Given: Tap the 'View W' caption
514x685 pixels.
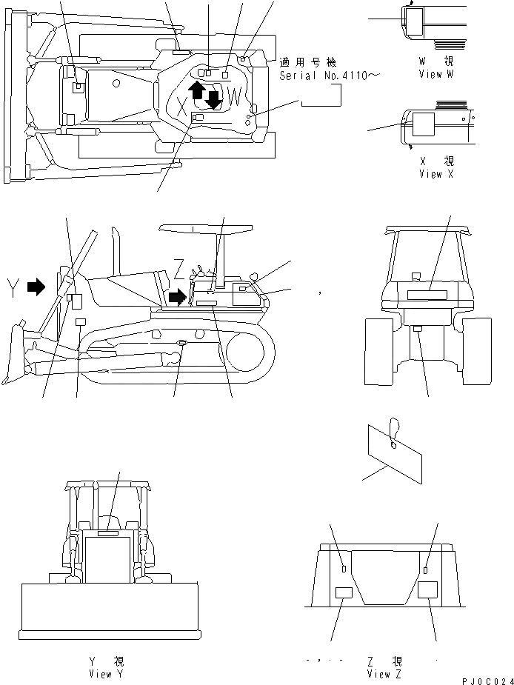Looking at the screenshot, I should [441, 74].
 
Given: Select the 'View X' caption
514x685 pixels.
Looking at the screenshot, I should [441, 174].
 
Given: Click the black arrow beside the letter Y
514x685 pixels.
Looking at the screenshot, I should [36, 287].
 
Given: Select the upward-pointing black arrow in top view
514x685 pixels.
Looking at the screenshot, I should [196, 91].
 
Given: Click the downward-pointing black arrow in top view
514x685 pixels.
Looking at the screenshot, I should [214, 98].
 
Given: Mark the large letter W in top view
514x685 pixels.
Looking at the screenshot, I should [235, 96].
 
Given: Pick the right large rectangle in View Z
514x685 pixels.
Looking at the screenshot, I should [428, 589].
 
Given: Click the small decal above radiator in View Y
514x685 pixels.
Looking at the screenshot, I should [107, 532].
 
